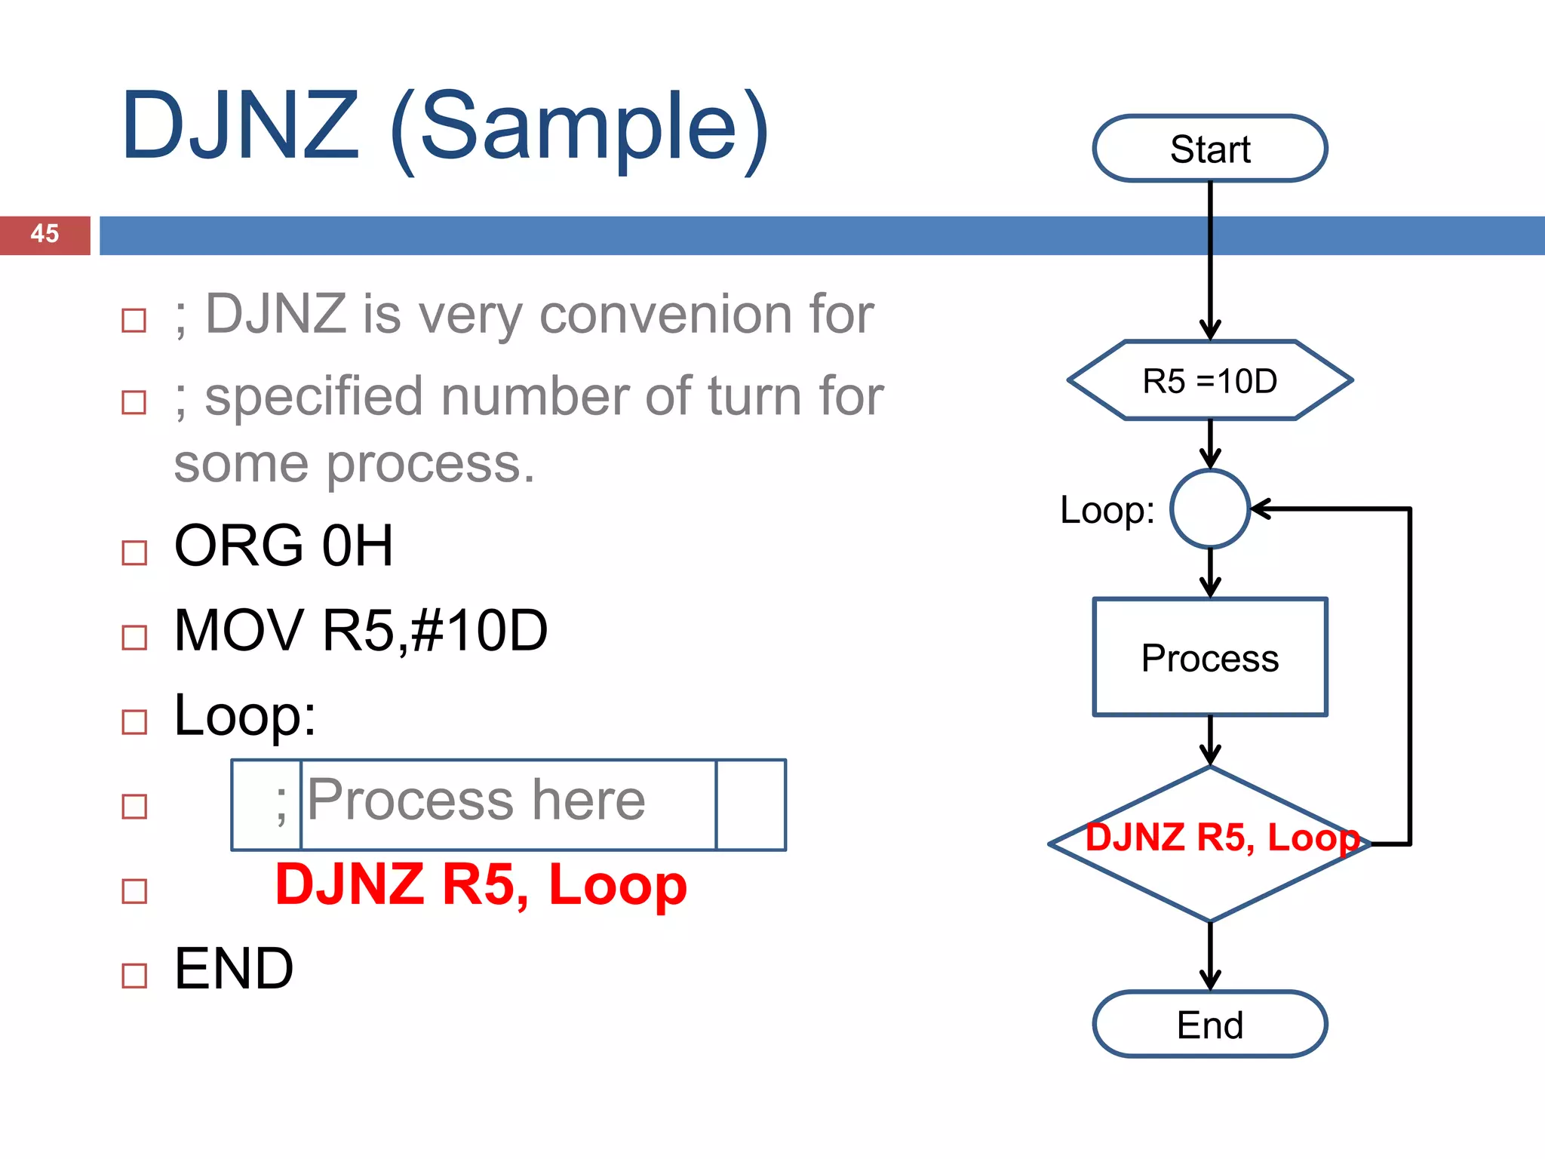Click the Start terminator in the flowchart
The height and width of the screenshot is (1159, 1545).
pyautogui.click(x=1209, y=149)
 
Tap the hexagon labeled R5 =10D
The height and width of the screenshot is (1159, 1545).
pyautogui.click(x=1209, y=380)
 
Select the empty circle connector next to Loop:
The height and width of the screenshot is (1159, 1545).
pyautogui.click(x=1210, y=509)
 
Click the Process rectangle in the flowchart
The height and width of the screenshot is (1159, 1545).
pyautogui.click(x=1209, y=657)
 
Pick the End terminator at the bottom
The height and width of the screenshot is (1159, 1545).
pyautogui.click(x=1209, y=1025)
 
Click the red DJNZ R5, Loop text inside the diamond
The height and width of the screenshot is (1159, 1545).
pyautogui.click(x=1222, y=838)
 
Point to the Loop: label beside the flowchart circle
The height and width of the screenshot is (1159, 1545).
pyautogui.click(x=1107, y=510)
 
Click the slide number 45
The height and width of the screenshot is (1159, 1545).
pyautogui.click(x=45, y=234)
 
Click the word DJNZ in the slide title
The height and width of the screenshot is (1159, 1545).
pyautogui.click(x=240, y=126)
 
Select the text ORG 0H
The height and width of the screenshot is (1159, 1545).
pyautogui.click(x=284, y=546)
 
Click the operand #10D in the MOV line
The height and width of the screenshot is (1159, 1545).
pyautogui.click(x=480, y=631)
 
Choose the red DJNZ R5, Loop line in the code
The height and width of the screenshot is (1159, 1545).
pyautogui.click(x=481, y=884)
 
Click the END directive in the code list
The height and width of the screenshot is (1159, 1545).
pyautogui.click(x=234, y=969)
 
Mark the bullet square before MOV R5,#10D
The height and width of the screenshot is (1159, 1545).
pyautogui.click(x=134, y=638)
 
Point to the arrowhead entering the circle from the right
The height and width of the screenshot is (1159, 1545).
pyautogui.click(x=1260, y=509)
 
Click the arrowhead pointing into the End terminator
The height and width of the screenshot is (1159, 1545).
pyautogui.click(x=1210, y=982)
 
